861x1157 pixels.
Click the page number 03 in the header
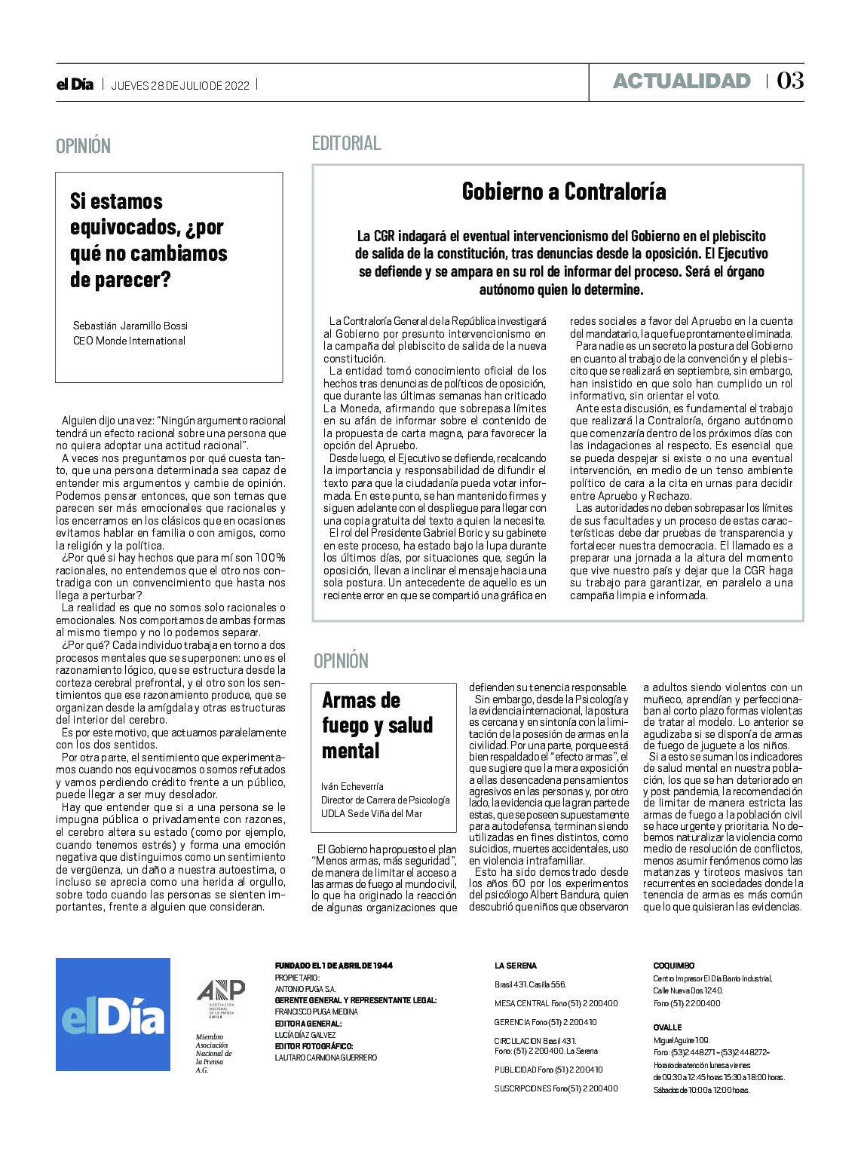(790, 81)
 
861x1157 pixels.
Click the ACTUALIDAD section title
(682, 81)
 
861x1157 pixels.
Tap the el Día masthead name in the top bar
(75, 84)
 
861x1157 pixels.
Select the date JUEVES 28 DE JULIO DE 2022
(180, 85)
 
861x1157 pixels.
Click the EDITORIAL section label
(347, 142)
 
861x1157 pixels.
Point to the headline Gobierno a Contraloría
(564, 191)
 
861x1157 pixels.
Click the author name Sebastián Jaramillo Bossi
(130, 326)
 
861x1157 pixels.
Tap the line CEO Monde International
(129, 341)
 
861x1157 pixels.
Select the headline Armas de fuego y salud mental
(377, 725)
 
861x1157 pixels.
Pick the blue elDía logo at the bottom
(113, 1014)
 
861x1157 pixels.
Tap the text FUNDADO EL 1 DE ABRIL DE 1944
(333, 966)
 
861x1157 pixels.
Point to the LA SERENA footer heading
(516, 966)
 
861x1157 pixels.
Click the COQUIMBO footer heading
(673, 966)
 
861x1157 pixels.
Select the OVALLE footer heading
(667, 1027)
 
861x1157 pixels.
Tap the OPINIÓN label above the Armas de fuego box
(341, 661)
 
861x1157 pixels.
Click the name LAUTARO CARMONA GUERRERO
(326, 1058)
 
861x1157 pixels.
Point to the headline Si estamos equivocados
(149, 240)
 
